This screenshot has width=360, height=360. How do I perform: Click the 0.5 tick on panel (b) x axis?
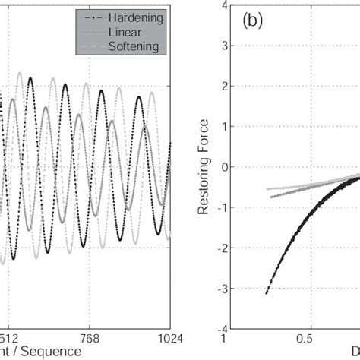click(305, 339)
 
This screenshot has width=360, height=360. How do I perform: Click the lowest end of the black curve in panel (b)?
click(266, 293)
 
